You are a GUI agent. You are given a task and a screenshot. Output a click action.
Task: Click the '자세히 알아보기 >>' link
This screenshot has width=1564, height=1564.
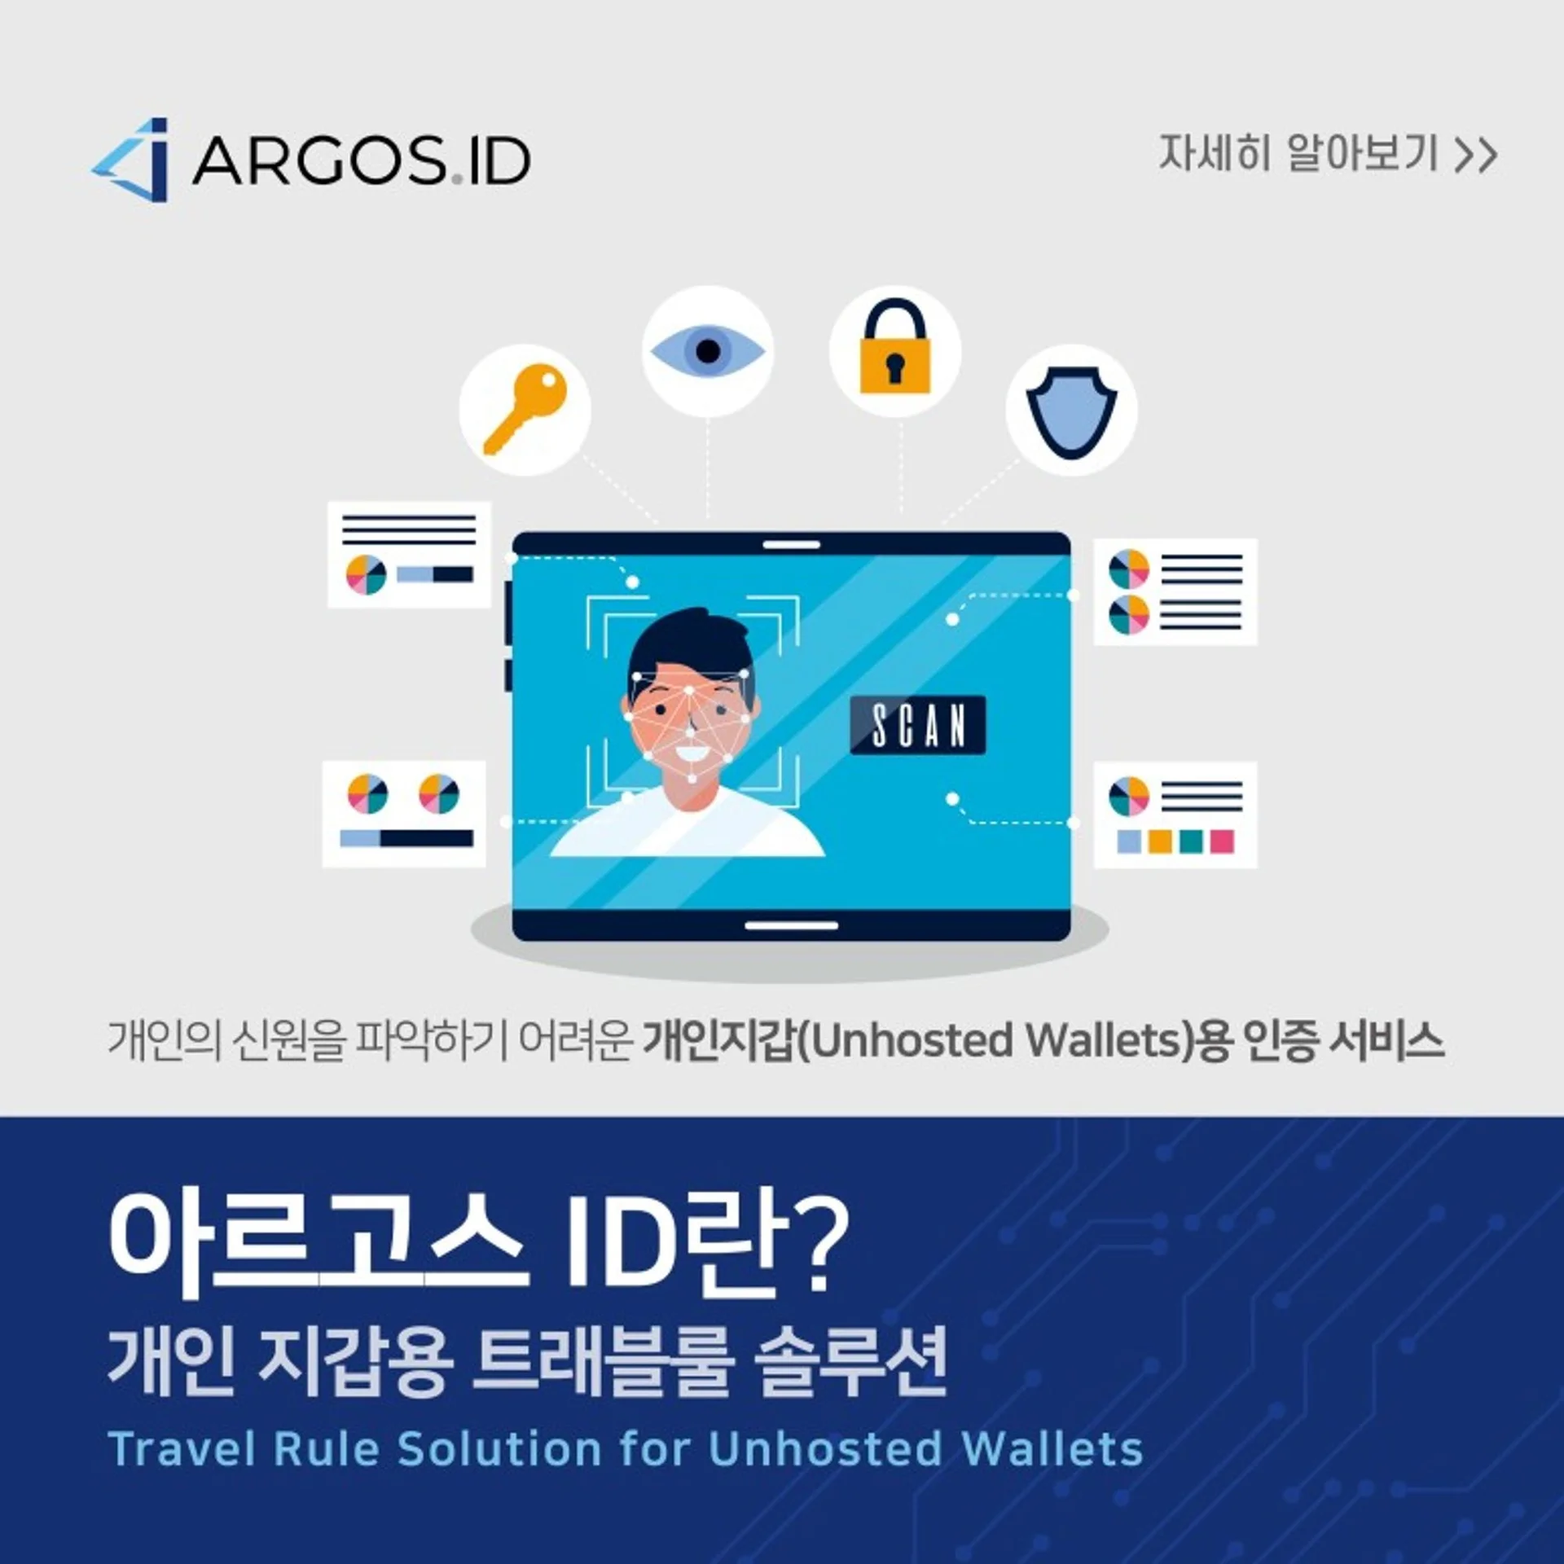(1327, 154)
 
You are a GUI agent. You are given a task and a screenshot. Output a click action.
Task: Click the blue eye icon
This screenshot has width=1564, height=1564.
(707, 351)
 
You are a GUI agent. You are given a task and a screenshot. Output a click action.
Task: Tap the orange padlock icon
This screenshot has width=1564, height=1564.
(895, 346)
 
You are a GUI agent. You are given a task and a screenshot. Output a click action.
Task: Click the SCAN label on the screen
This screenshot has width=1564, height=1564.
(918, 725)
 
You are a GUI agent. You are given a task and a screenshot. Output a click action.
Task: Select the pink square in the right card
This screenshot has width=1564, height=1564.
(1222, 841)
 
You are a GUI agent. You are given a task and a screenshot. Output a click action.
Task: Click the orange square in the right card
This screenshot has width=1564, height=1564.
(1160, 841)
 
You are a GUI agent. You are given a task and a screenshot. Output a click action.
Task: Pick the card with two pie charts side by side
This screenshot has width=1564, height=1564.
(404, 814)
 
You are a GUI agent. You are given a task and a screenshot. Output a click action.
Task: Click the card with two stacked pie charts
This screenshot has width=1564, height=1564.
(1175, 592)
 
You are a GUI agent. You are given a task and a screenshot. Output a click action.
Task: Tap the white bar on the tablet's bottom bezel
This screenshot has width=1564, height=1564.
(792, 926)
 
